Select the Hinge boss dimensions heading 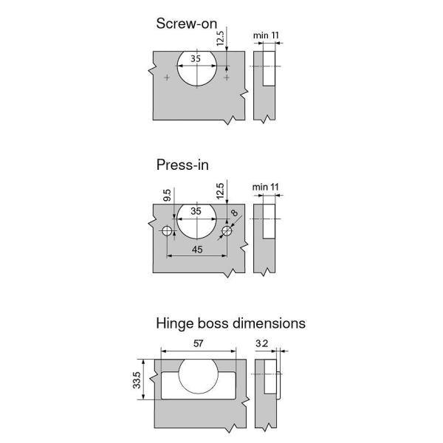(x=230, y=323)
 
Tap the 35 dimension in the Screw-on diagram (x=196, y=58)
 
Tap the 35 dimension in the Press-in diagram (x=196, y=211)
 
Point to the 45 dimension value (x=197, y=249)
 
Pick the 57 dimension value (x=197, y=344)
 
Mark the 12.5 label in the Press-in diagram (x=219, y=193)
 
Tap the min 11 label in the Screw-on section (x=266, y=35)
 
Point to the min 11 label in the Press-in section (x=266, y=188)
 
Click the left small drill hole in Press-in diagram (x=168, y=232)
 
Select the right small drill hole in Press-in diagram (x=226, y=232)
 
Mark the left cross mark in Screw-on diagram (x=168, y=78)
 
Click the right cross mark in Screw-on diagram (x=227, y=78)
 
